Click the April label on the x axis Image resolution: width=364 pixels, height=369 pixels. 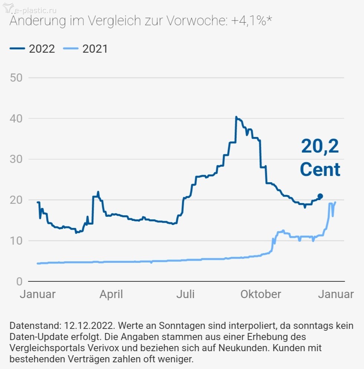pyautogui.click(x=111, y=294)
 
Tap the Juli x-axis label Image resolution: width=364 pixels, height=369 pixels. pyautogui.click(x=185, y=294)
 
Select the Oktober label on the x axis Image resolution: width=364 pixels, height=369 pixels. pyautogui.click(x=261, y=294)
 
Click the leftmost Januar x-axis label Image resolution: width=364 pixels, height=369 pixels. pyautogui.click(x=37, y=294)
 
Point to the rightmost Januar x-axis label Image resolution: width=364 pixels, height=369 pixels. pyautogui.click(x=336, y=294)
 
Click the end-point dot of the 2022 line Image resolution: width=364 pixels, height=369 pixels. pyautogui.click(x=320, y=196)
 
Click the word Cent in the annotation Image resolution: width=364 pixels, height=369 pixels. pyautogui.click(x=320, y=169)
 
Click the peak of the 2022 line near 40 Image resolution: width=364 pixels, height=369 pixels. pyautogui.click(x=236, y=117)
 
